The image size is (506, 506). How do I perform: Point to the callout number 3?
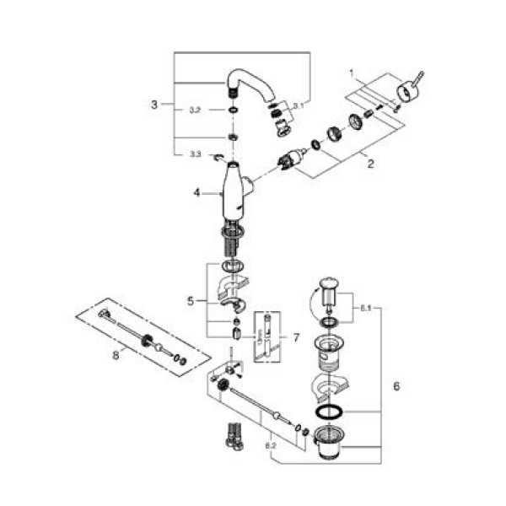(154, 105)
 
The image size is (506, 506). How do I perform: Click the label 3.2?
(193, 110)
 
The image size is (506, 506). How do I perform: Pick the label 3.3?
(195, 154)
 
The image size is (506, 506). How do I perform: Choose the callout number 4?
(196, 192)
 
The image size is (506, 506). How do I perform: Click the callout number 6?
(396, 387)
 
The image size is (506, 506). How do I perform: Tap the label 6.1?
(364, 310)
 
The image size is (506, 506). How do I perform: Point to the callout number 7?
(295, 336)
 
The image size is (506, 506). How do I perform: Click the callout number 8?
(116, 356)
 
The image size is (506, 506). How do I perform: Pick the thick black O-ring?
(330, 412)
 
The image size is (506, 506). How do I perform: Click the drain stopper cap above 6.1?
(328, 284)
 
